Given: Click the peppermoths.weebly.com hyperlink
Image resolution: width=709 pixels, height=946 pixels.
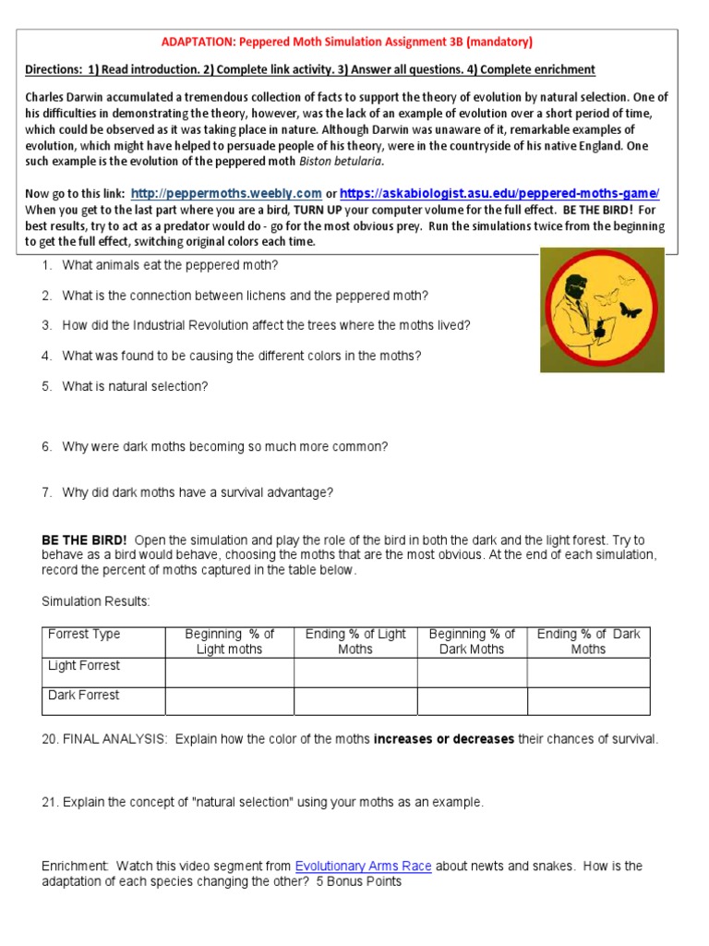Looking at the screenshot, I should [226, 194].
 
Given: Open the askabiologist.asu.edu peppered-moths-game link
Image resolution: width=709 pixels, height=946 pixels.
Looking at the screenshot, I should [499, 194].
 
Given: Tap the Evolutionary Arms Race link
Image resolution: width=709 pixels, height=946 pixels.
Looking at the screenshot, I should [363, 867].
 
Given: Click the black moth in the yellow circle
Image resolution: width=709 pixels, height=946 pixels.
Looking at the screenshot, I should [631, 310].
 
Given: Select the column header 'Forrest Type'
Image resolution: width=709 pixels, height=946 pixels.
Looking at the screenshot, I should [84, 635].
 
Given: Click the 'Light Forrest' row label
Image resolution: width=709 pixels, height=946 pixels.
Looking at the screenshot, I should [84, 666].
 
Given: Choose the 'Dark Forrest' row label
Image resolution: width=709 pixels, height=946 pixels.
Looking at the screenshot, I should [84, 696].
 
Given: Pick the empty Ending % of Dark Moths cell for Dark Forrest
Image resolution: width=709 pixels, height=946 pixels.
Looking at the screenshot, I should [588, 701].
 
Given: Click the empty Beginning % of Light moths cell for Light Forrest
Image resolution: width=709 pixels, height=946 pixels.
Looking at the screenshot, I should [229, 672].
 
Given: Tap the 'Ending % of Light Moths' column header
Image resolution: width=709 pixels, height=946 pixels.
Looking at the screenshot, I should [355, 641].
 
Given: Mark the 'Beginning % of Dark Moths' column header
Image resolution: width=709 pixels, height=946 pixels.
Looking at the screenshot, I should [472, 641].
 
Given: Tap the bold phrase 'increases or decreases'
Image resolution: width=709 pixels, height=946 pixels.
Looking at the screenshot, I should [443, 740].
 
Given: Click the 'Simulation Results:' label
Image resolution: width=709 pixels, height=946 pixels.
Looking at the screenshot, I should [95, 601].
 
